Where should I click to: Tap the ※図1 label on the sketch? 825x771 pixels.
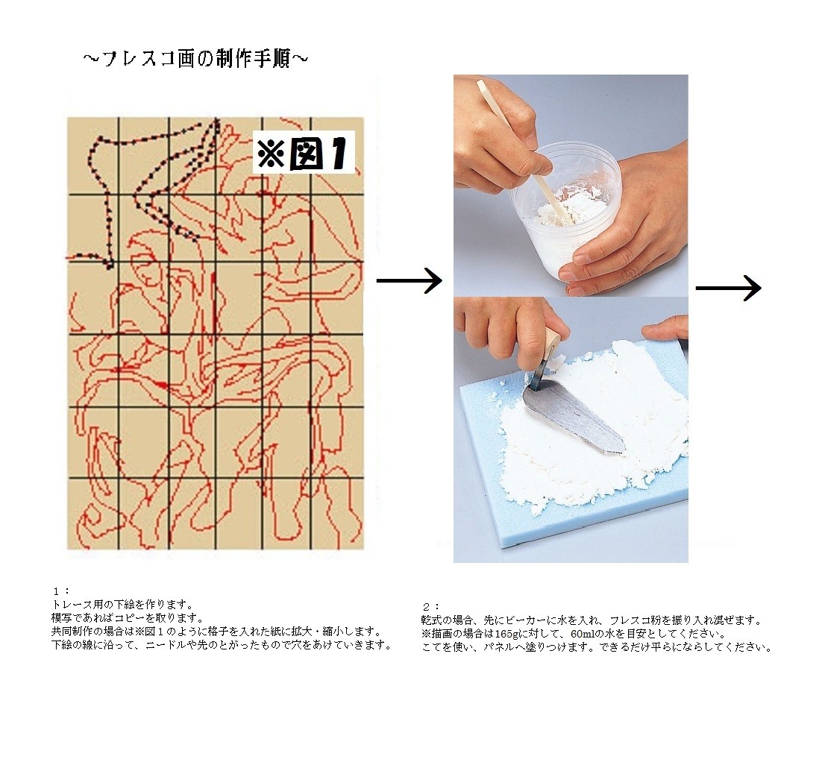(304, 154)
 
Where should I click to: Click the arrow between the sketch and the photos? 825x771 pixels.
(409, 281)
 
